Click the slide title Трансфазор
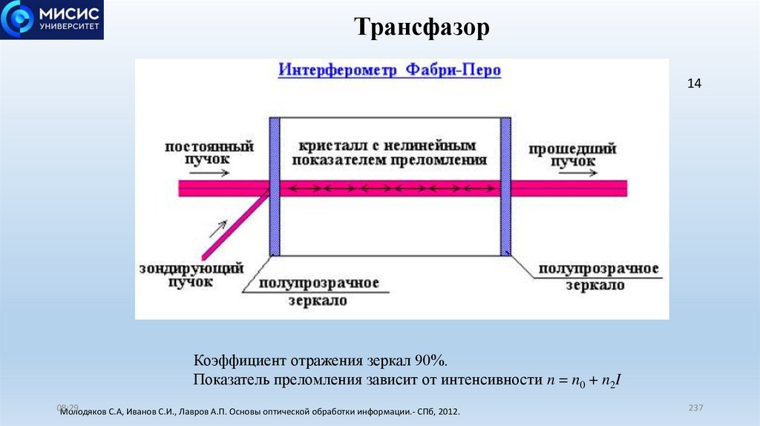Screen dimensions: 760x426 (422, 28)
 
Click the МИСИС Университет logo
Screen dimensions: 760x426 (52, 19)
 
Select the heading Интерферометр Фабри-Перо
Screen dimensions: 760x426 (390, 71)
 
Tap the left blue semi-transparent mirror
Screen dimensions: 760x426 (273, 186)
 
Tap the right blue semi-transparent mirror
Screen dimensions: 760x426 (505, 186)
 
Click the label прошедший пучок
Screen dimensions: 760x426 (571, 154)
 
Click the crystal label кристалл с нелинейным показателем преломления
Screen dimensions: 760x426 (390, 152)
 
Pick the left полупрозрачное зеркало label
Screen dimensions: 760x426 (319, 292)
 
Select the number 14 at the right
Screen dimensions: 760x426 (694, 84)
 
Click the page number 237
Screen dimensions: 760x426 (695, 408)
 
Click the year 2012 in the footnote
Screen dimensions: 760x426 (447, 411)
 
